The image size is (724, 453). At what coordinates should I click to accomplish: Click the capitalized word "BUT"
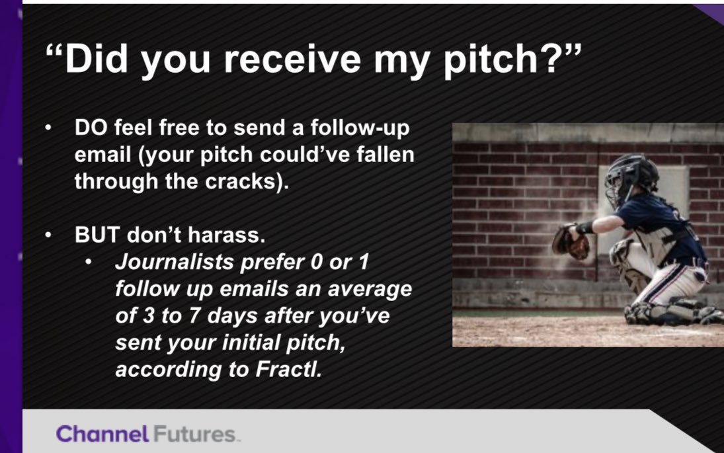96,235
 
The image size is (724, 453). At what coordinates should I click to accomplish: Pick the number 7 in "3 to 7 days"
195,315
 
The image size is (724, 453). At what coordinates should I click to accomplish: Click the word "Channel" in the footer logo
102,434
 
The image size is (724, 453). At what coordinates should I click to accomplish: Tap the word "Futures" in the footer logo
194,434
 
